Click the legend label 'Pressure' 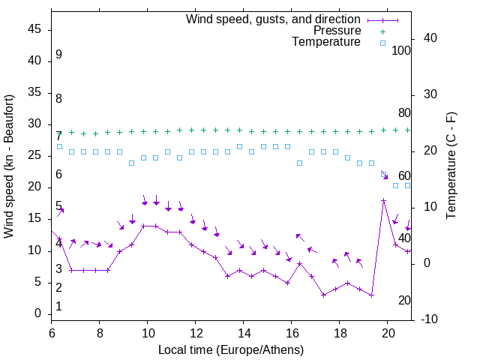point(337,31)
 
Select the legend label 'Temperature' point(326,42)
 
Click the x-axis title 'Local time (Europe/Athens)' point(231,349)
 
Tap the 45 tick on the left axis point(34,30)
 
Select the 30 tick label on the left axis point(34,124)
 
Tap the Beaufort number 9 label point(58,55)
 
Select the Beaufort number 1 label point(58,307)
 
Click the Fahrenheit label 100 point(401,51)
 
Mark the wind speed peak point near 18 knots point(384,201)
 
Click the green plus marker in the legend point(382,31)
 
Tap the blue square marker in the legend point(382,43)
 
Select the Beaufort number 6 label point(58,175)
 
